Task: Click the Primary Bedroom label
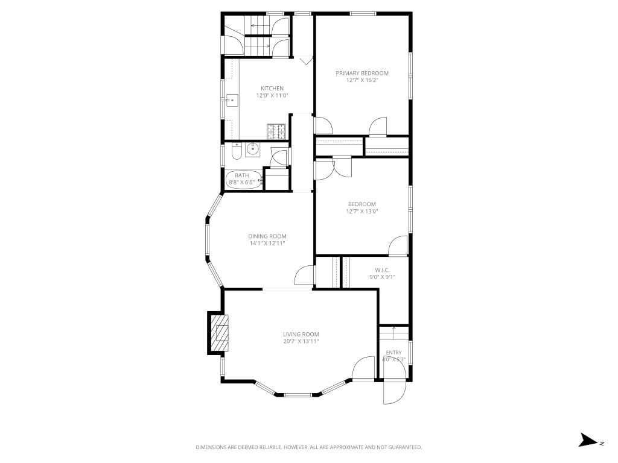coord(362,73)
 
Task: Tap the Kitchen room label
coord(272,88)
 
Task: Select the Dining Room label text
coord(267,236)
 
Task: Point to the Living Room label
coord(301,334)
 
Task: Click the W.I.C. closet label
coord(382,270)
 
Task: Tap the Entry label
coord(393,352)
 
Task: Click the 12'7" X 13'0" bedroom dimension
coord(362,211)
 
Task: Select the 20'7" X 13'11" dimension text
coord(301,341)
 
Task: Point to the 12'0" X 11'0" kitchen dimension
coord(272,95)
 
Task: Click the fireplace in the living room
coord(218,333)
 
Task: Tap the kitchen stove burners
coord(276,131)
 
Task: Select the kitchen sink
coord(232,101)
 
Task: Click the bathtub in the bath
coord(244,179)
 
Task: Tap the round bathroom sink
coord(253,150)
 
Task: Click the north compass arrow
coord(588,440)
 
